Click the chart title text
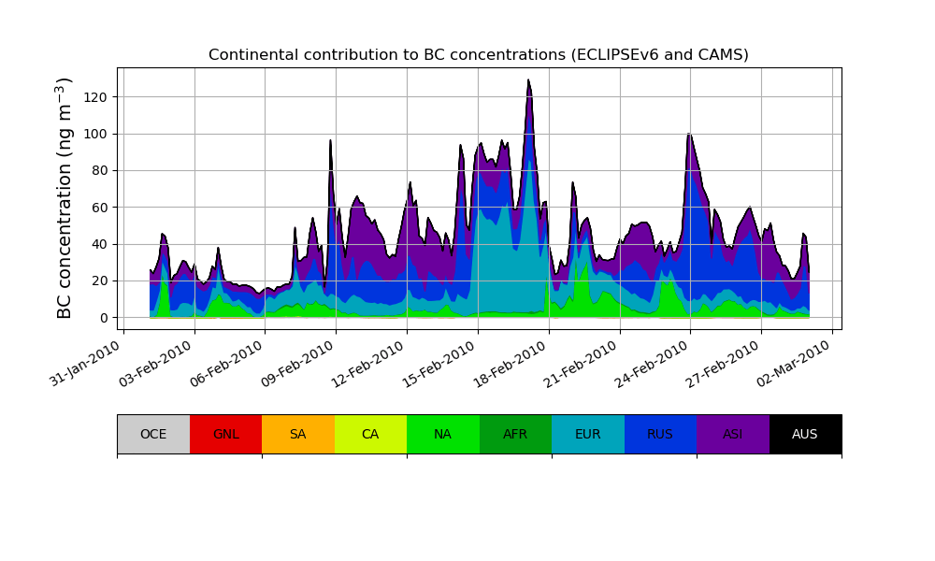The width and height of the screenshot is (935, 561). coord(479,55)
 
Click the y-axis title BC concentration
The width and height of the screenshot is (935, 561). coord(65,198)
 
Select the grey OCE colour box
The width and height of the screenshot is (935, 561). coord(153,434)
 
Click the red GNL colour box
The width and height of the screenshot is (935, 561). coord(225,434)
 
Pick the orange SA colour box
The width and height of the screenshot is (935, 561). coord(298,434)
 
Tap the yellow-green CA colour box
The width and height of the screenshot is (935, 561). coord(370,434)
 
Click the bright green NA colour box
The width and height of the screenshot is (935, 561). coord(443,434)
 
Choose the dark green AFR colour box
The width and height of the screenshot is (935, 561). coord(515,434)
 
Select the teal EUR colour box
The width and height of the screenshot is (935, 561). coord(588,434)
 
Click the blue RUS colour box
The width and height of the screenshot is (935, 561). coord(660,434)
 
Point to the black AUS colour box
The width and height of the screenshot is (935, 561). coord(805,434)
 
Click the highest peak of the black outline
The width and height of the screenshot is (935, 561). coord(528,80)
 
